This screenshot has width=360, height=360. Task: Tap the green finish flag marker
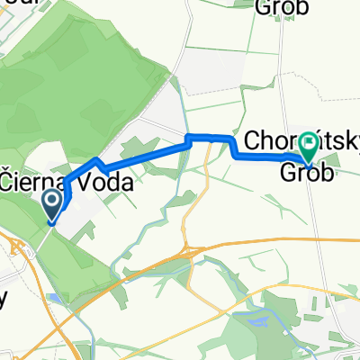point(308,142)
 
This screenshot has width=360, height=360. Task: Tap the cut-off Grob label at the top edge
point(283,7)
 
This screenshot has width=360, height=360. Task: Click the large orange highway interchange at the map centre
point(191,249)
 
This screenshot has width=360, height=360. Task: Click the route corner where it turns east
point(188,137)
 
